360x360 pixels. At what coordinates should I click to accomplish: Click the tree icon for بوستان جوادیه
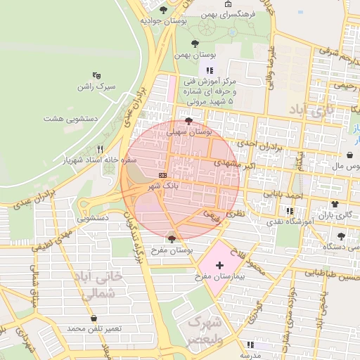[x=164, y=10]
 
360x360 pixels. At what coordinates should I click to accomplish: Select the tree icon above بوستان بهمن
[x=195, y=44]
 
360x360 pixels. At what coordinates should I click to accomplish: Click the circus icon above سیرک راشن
[x=97, y=75]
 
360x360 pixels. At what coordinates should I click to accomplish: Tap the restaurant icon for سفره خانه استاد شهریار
[x=99, y=149]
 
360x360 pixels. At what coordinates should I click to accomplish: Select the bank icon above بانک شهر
[x=163, y=174]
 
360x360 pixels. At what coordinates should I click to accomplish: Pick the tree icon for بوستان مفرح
[x=172, y=240]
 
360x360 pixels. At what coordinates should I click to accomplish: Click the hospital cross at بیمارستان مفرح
[x=220, y=265]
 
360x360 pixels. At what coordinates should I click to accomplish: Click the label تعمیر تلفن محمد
[x=94, y=329]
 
